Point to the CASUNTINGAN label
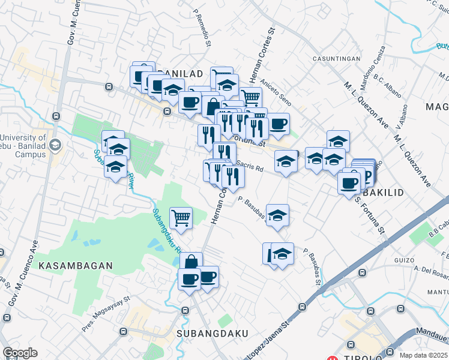click(x=336, y=59)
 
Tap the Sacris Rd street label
click(x=250, y=168)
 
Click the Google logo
click(x=20, y=353)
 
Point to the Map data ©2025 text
click(x=423, y=355)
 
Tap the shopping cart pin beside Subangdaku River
click(x=181, y=217)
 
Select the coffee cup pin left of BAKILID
click(x=349, y=183)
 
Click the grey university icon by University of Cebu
click(x=56, y=145)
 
